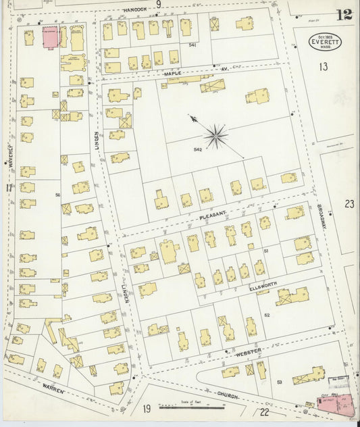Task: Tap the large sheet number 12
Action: pos(343,15)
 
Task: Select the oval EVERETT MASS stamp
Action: pos(326,42)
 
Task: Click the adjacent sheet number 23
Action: pos(349,203)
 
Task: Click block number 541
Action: pos(192,45)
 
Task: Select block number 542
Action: pos(198,149)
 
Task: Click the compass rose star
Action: pos(216,136)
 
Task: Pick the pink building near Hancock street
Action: pos(51,38)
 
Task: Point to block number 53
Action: pos(280,382)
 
